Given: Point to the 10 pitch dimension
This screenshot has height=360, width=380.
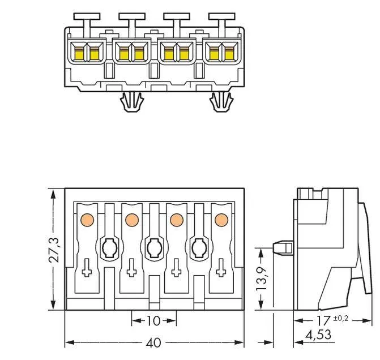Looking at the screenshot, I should [x=153, y=321].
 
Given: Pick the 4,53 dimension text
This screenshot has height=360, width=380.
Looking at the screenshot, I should [x=318, y=335].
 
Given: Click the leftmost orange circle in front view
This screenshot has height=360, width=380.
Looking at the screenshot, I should [x=87, y=219].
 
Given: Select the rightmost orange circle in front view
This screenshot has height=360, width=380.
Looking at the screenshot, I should [x=220, y=219].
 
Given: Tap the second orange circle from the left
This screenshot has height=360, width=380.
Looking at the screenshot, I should [x=131, y=219].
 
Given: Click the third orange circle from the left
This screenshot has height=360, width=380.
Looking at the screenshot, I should [x=176, y=219].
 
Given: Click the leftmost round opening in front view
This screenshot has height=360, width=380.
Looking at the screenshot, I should [x=109, y=247].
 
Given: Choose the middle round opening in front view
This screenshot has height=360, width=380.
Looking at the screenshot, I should [x=153, y=247].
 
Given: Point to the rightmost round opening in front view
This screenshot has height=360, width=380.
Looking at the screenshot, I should [x=198, y=247].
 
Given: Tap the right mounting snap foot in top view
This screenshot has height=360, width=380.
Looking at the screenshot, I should [x=221, y=102].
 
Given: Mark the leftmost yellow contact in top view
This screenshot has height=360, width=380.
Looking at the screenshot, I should [x=78, y=53].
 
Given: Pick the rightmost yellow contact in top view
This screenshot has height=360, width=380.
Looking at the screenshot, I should [x=229, y=53].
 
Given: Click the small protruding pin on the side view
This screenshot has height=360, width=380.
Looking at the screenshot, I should [x=281, y=247].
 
